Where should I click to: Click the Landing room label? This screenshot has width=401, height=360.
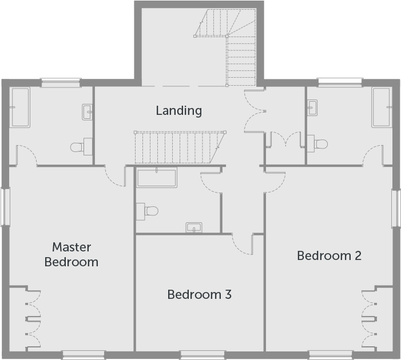pos(178,111)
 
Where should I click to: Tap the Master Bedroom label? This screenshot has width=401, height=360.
pos(72,255)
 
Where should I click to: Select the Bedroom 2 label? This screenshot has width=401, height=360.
pos(329,256)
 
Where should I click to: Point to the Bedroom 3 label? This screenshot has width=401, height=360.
pos(200,295)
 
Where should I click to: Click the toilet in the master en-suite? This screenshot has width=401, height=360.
pos(81,147)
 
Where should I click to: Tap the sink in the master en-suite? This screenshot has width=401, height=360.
pos(87,112)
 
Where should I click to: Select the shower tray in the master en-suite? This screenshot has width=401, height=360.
pos(20,107)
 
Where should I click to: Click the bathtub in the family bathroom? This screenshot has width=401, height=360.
pos(157,177)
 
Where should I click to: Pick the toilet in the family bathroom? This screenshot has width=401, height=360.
pos(147,211)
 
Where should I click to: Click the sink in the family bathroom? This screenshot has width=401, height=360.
pos(194,227)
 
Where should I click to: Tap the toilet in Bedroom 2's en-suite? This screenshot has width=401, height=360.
pos(317,143)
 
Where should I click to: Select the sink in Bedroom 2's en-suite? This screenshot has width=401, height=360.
pos(312,107)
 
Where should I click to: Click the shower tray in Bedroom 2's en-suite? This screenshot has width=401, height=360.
pos(382,107)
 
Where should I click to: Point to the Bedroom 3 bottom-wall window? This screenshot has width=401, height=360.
pos(203,355)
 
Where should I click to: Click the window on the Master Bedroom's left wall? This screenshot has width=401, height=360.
pos(5,207)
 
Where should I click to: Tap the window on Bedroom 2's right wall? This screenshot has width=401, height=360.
pos(396,208)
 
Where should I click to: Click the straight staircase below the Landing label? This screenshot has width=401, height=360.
pos(180,147)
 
